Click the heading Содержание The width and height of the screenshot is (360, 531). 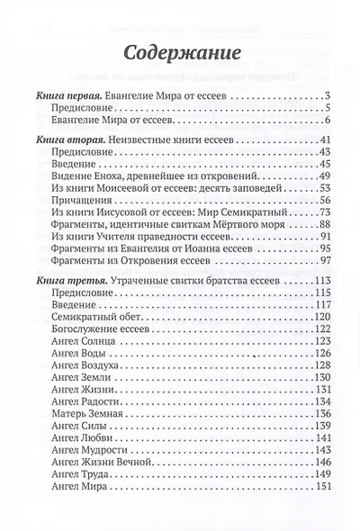tap(180, 47)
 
